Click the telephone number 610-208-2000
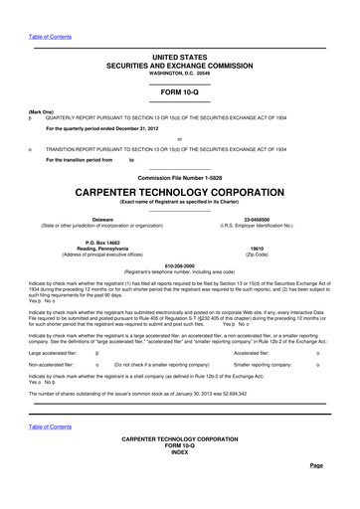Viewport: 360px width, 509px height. click(179, 265)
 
